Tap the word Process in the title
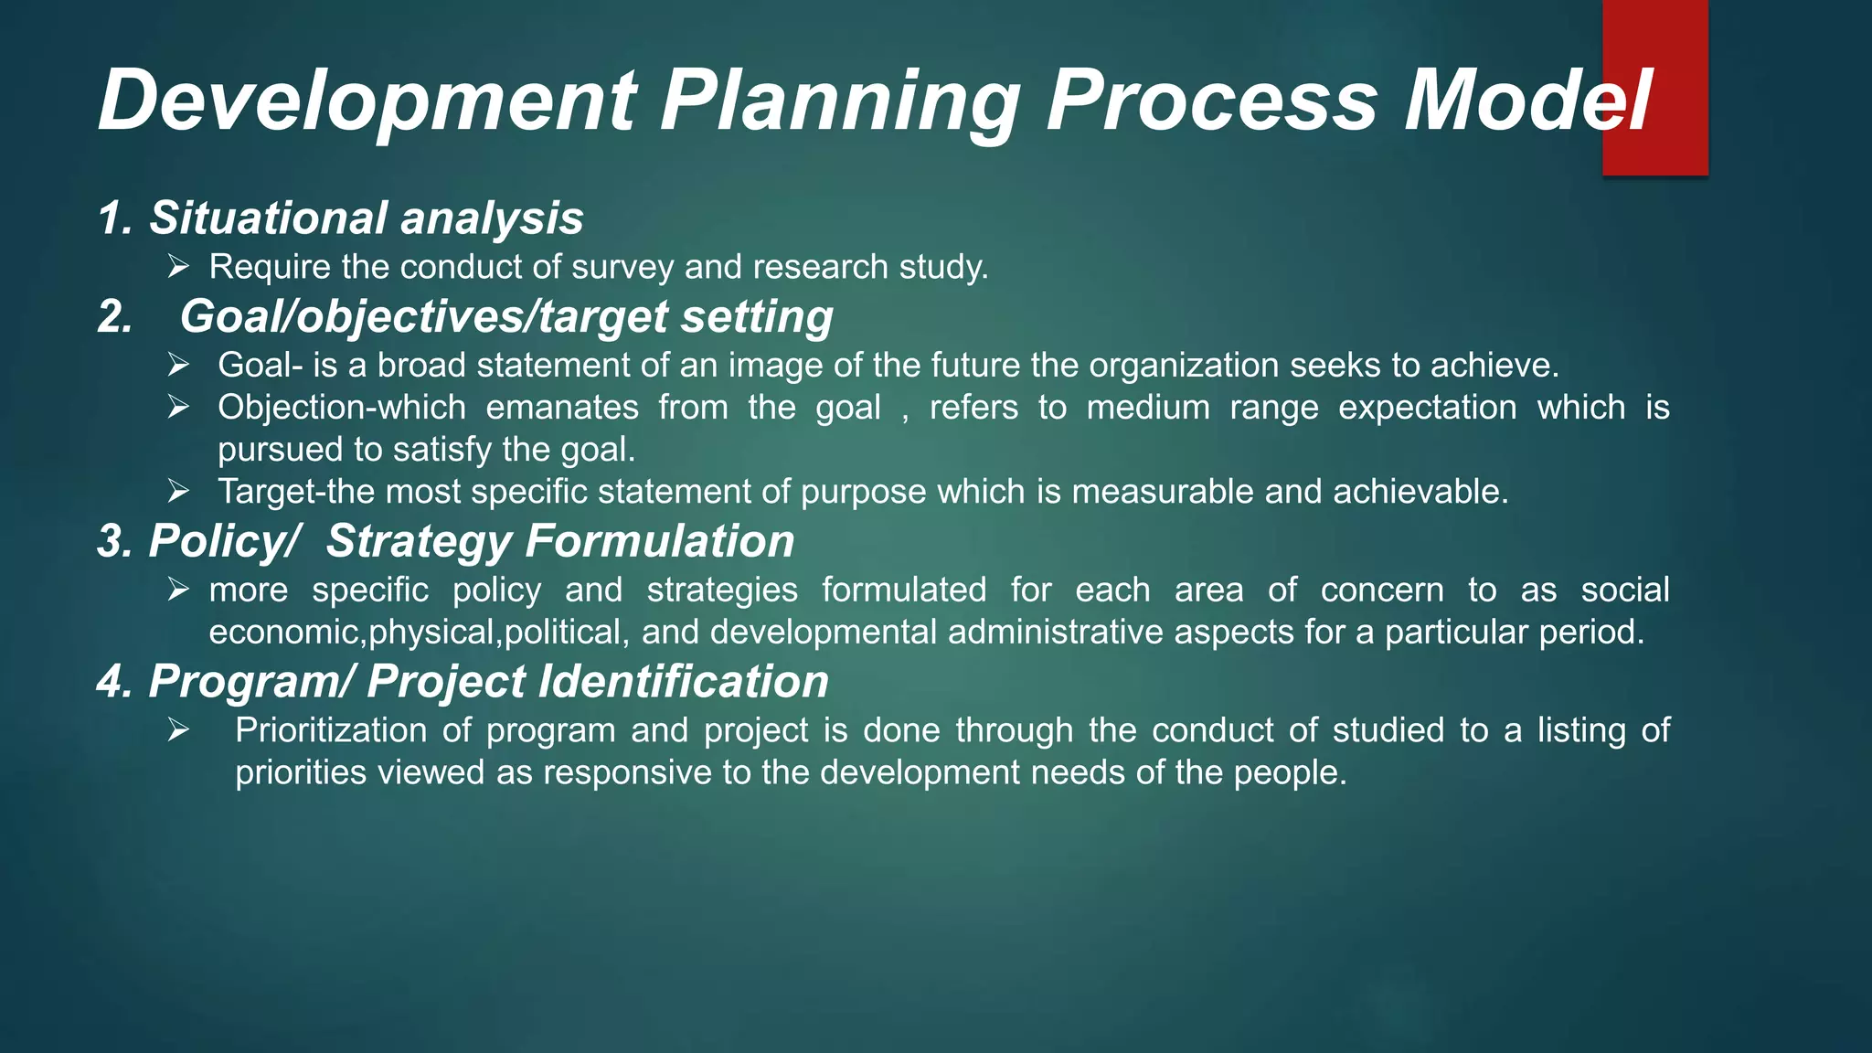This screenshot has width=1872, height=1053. click(1211, 101)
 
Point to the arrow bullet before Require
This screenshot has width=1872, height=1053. click(178, 267)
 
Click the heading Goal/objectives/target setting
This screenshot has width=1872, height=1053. click(505, 317)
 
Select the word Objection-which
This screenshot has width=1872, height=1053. click(341, 408)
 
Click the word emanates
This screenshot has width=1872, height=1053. click(561, 408)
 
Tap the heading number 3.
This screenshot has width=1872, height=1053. click(114, 541)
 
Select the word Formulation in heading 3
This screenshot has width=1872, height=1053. click(659, 541)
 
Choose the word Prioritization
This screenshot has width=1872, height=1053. click(331, 731)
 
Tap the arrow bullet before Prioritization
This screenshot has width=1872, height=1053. click(178, 730)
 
